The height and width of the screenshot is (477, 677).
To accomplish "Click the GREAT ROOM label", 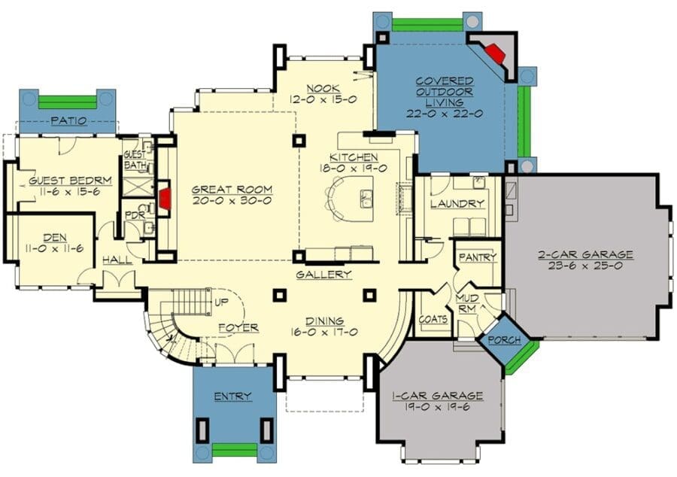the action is pos(232,190).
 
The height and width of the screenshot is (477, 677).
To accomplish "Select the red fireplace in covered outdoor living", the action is pos(494,53).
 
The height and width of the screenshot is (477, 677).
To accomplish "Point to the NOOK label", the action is pos(323,89).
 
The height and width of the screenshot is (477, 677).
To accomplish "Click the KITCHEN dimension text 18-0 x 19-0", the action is pos(353,169).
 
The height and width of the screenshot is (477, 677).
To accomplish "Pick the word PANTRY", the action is pos(478,258).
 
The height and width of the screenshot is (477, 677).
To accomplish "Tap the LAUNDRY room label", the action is pos(457,204).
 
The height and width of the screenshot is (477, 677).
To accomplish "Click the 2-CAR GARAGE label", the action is pos(585,255).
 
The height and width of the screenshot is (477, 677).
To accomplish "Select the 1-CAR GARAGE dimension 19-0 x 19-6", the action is pos(437,407).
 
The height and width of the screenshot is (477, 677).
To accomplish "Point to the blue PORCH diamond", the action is pos(504,340).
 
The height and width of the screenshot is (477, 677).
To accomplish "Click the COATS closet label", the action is pos(433,320).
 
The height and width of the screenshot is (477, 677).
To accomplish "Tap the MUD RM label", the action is pos(467,304).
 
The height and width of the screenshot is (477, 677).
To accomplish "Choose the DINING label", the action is pos(325,321).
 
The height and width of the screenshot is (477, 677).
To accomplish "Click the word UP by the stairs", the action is pos(221,302).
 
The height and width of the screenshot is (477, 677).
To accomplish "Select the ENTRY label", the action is pos(232,396).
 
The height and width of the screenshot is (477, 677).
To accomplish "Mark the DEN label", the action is pos(55,238).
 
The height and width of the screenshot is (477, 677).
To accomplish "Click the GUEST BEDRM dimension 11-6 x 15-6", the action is pos(65,191).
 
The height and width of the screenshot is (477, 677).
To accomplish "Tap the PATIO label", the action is pos(69,121).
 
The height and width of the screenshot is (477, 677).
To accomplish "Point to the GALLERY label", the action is pos(323,275).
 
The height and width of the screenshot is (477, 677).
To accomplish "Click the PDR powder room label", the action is pos(135,215).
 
